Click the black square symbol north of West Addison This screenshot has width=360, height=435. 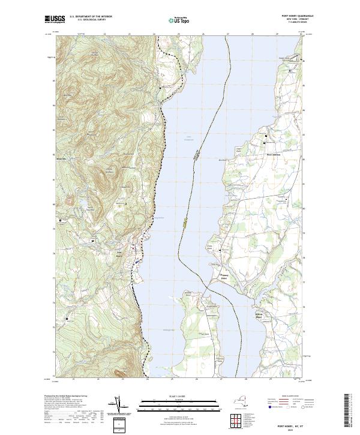tap(266, 138)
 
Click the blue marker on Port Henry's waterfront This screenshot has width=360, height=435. tap(137, 262)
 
